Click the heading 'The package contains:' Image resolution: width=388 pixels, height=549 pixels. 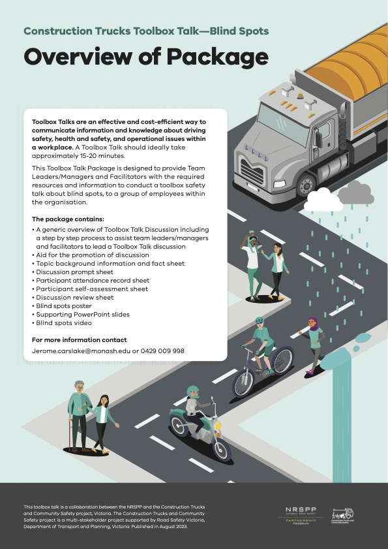(67, 219)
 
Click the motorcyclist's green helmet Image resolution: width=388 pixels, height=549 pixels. (193, 391)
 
